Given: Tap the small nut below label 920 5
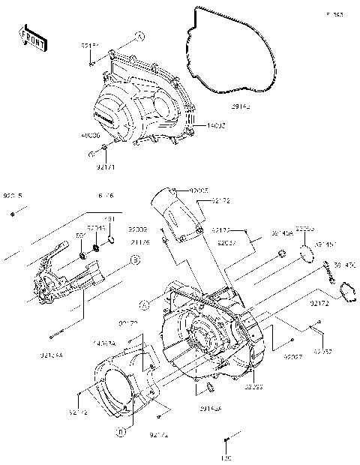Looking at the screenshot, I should (x=13, y=214).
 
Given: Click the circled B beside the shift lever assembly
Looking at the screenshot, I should (x=136, y=259).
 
